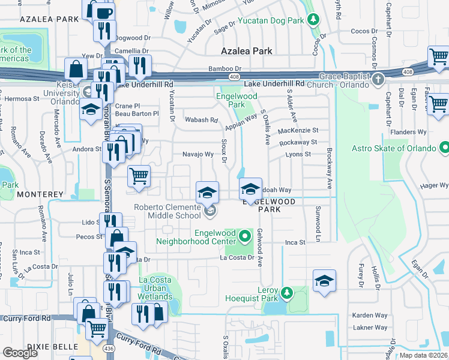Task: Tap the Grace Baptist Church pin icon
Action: [x=378, y=79]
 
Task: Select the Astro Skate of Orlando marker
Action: [x=444, y=148]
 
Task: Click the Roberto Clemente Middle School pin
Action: [x=209, y=211]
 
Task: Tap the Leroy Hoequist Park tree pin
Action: [x=287, y=293]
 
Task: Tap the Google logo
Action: [x=20, y=353]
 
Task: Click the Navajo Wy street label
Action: [x=198, y=154]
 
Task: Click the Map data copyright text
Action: [x=424, y=355]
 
